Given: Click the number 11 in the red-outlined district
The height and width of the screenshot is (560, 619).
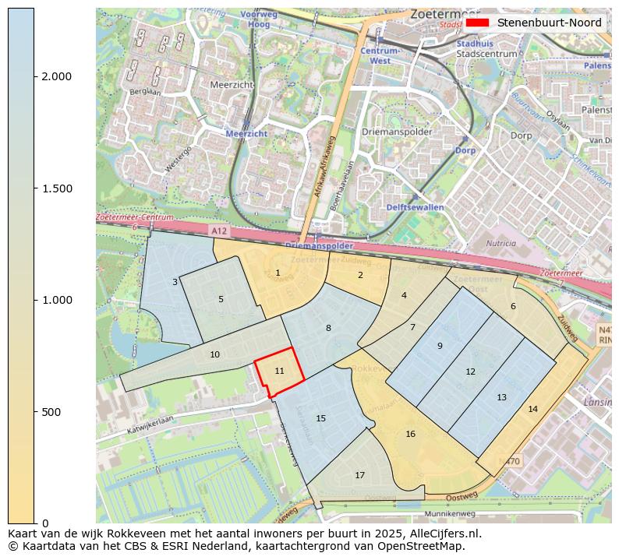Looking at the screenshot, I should pyautogui.click(x=279, y=371).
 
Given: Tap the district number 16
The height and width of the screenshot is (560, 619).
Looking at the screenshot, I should pyautogui.click(x=410, y=434).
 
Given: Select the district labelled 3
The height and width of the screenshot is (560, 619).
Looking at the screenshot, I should pyautogui.click(x=175, y=282).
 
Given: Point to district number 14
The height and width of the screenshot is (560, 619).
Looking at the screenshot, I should pyautogui.click(x=532, y=409).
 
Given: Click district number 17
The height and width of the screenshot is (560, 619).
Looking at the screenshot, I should pyautogui.click(x=359, y=475).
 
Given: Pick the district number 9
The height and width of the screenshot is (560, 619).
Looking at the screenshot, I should pyautogui.click(x=440, y=346).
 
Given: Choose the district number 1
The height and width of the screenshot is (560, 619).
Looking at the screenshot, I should pyautogui.click(x=278, y=273).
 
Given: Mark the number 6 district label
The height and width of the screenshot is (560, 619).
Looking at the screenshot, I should pyautogui.click(x=513, y=306).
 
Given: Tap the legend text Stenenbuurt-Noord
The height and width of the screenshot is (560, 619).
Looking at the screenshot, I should pyautogui.click(x=549, y=23).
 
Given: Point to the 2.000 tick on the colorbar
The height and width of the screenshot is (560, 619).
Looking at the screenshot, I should pyautogui.click(x=56, y=76).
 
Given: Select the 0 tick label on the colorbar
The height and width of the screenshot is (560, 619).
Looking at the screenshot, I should pyautogui.click(x=46, y=523).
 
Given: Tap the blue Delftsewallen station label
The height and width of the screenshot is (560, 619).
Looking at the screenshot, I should pyautogui.click(x=414, y=207).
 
